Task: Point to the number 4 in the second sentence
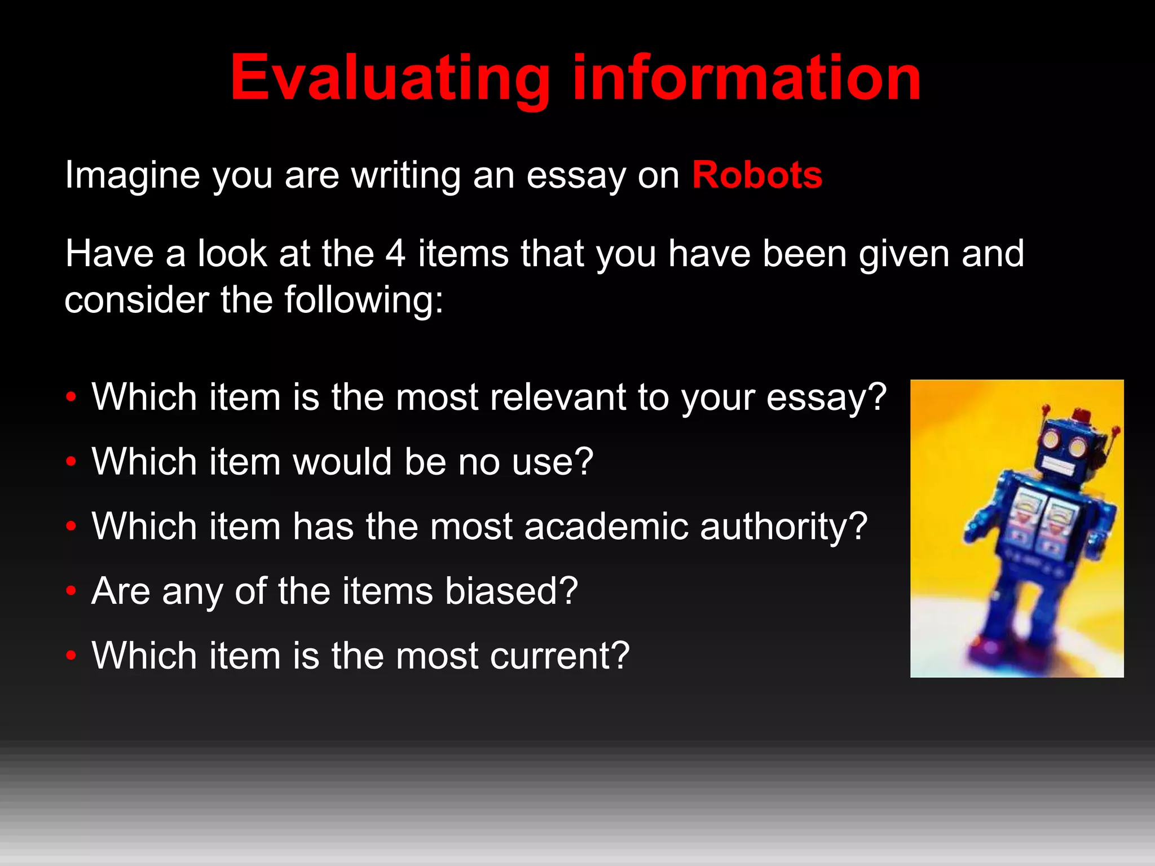click(x=395, y=253)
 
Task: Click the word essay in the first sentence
click(x=576, y=176)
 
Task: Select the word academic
click(x=606, y=527)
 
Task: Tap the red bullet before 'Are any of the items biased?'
click(x=70, y=591)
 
